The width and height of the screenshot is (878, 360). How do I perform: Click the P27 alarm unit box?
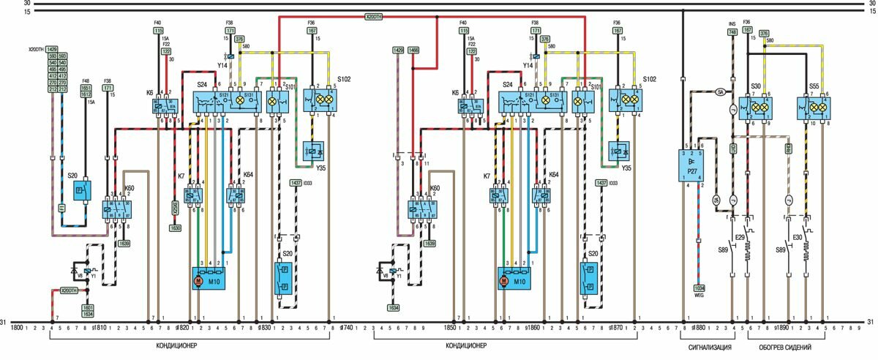pyautogui.click(x=691, y=165)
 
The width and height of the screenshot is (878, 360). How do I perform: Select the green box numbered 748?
pyautogui.click(x=732, y=32)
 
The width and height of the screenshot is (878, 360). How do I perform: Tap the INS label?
pyautogui.click(x=732, y=24)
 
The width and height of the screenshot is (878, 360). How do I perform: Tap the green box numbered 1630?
pyautogui.click(x=175, y=228)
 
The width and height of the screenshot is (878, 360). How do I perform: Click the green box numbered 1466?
pyautogui.click(x=414, y=50)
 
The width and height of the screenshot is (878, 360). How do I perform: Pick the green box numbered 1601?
pyautogui.click(x=87, y=307)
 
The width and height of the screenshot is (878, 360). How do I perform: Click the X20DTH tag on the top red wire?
pyautogui.click(x=378, y=16)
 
